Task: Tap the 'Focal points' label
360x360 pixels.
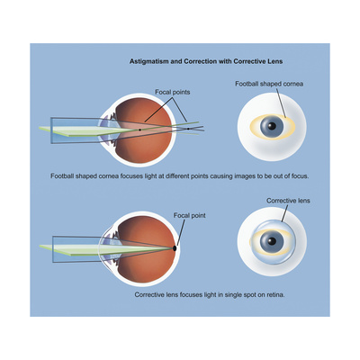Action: point(173,92)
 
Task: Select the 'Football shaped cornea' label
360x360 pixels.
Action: point(269,84)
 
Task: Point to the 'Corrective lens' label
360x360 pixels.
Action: point(288,201)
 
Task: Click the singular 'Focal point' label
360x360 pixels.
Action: point(190,215)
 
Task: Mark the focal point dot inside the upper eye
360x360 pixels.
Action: point(139,130)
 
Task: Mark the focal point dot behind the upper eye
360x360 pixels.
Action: point(188,129)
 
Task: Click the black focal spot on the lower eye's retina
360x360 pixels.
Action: point(175,248)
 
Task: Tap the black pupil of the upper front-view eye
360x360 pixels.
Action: point(272,126)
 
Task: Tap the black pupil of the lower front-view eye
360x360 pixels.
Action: point(272,241)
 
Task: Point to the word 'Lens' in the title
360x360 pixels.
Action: point(275,61)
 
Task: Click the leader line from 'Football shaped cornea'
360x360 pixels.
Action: point(282,103)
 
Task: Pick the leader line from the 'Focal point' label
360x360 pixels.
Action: point(180,232)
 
